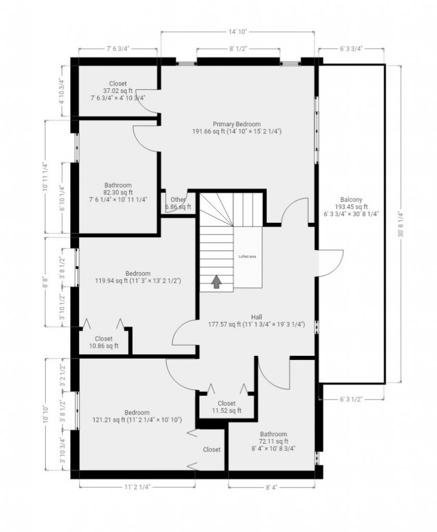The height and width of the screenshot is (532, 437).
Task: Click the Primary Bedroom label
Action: click(x=237, y=124)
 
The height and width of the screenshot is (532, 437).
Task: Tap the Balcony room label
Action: click(x=351, y=199)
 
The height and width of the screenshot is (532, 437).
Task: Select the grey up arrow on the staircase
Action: click(x=216, y=282)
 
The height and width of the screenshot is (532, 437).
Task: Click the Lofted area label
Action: click(x=248, y=257)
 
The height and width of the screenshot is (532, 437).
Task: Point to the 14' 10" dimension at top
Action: click(x=237, y=32)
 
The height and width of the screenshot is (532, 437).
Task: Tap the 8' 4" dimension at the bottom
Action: click(x=272, y=487)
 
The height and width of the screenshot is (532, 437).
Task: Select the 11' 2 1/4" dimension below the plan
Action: click(x=137, y=487)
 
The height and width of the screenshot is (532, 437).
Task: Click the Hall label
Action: click(x=256, y=317)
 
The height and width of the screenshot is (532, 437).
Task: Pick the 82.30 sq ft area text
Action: click(x=118, y=192)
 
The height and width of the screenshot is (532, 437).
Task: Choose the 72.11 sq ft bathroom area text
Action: click(x=274, y=441)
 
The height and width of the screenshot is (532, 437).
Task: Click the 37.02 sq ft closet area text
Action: click(x=118, y=90)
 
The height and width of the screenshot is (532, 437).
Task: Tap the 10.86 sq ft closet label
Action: click(x=104, y=345)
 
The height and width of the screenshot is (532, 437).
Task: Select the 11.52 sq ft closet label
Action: click(x=227, y=410)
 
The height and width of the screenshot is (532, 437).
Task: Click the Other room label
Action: click(x=178, y=199)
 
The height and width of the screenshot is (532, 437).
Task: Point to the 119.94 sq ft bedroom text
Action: click(x=138, y=281)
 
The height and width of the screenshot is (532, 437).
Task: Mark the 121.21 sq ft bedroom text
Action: click(x=137, y=420)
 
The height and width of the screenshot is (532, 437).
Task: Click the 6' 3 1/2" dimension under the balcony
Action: click(x=352, y=400)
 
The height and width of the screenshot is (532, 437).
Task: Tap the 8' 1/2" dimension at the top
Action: click(x=238, y=49)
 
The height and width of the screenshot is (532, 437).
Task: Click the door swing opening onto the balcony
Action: click(x=331, y=263)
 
